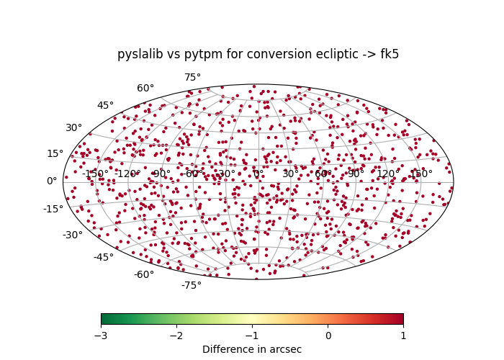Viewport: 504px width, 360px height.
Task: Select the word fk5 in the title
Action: point(390,55)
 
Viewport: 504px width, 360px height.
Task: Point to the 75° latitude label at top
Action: point(192,78)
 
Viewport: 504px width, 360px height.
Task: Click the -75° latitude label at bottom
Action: point(191,285)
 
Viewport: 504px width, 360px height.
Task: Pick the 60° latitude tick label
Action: point(145,89)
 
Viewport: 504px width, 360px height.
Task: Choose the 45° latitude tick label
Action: point(105,106)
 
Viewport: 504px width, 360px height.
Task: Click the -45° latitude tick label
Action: point(103,257)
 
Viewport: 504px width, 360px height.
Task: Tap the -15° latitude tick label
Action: point(53,210)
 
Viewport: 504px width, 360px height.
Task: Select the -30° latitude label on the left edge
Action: point(72,235)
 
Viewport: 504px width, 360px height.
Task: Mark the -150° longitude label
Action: point(95,174)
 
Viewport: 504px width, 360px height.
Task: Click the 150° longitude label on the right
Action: point(420,174)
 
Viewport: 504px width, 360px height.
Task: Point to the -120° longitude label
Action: point(127,174)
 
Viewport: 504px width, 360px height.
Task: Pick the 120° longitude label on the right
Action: point(388,174)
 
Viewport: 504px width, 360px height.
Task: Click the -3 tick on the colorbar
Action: point(101,336)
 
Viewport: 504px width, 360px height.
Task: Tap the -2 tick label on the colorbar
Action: point(176,336)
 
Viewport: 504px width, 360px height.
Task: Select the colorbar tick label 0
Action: point(328,336)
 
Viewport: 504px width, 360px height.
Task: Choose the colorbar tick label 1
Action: point(403,336)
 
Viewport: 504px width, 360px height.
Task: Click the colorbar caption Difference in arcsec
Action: point(252,349)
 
